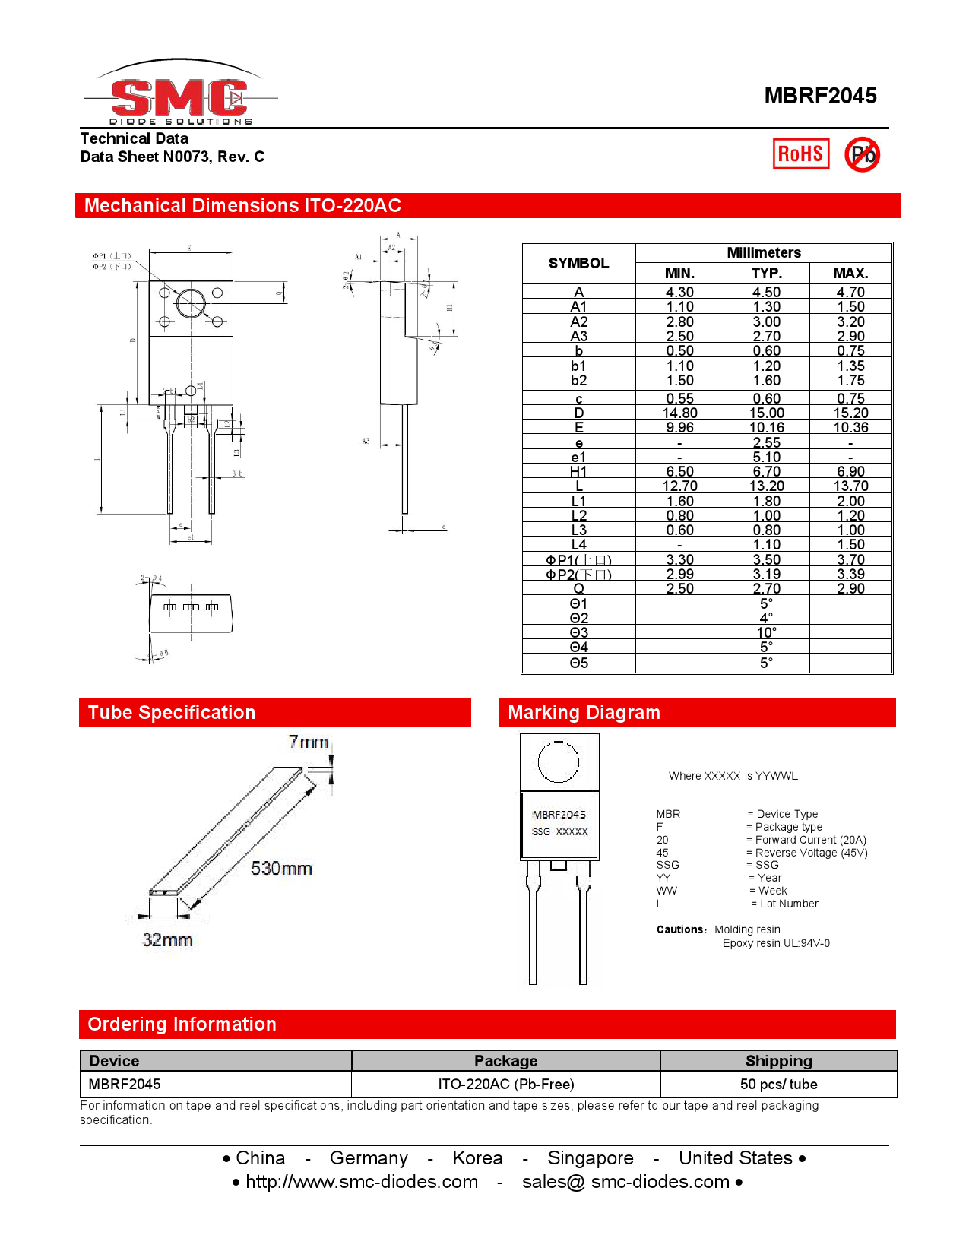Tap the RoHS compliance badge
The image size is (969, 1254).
800,154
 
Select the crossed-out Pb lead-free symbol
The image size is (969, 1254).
863,155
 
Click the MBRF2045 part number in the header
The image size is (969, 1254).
820,96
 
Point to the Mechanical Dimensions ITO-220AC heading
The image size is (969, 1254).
242,206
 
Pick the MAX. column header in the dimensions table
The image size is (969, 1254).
850,274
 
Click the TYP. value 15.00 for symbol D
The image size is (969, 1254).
766,413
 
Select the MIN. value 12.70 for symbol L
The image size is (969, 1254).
679,486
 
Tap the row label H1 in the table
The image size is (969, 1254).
578,472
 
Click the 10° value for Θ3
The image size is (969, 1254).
766,633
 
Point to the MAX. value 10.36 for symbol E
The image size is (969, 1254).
850,428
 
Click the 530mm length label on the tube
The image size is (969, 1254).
281,869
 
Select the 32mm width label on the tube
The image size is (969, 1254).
167,940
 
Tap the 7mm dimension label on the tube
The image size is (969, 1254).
309,742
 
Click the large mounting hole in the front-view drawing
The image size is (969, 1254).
191,303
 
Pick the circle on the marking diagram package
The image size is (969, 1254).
559,762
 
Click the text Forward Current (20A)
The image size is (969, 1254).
810,840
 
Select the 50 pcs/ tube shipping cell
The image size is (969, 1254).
778,1085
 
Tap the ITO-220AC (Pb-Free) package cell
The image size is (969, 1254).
505,1085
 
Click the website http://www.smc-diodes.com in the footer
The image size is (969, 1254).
362,1182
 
